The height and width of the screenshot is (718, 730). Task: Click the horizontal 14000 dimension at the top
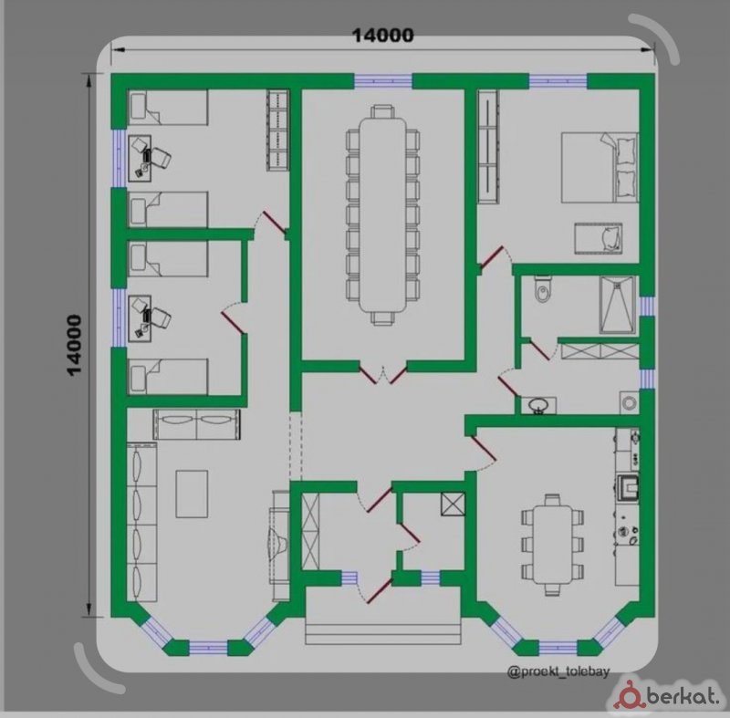point(382,36)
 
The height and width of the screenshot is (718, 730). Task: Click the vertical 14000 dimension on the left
point(75,345)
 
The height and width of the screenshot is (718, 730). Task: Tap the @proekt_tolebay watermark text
point(558,671)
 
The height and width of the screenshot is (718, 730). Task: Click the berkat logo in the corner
point(669,697)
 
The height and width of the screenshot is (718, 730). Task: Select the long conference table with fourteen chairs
point(382,214)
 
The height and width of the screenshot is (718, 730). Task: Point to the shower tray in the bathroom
point(618,306)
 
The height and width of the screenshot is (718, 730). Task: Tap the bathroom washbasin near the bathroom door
point(538,405)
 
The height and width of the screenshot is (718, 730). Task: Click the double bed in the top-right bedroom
point(600,168)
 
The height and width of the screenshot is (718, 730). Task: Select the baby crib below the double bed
point(599,238)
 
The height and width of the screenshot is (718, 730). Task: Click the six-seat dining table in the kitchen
point(552,545)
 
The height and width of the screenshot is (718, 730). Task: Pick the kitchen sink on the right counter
point(628,488)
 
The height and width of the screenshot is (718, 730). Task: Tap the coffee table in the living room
point(192,494)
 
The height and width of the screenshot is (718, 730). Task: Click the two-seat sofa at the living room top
point(197,424)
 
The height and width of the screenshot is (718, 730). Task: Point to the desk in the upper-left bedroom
point(140,158)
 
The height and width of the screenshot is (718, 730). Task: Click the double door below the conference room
point(382,375)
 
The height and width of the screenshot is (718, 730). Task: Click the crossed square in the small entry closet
point(453,504)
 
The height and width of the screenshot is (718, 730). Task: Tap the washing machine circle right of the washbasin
point(629,402)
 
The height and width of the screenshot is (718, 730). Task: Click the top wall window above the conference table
point(383,81)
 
